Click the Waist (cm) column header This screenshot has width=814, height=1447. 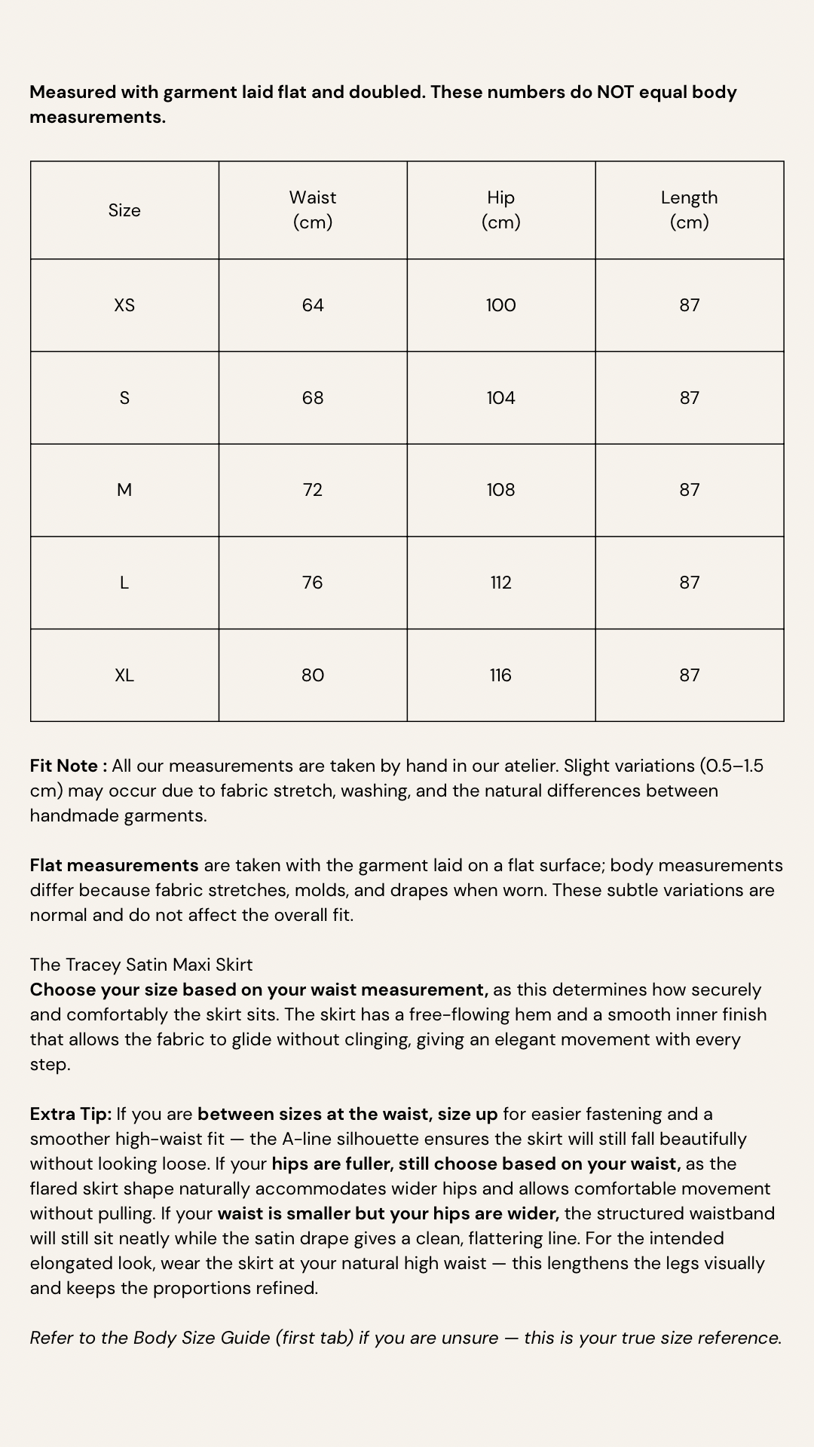[313, 210]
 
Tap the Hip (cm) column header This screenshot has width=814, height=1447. [501, 210]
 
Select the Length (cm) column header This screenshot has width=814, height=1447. [690, 210]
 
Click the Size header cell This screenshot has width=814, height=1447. [124, 210]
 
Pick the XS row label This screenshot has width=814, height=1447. [124, 305]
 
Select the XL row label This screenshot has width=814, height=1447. [124, 675]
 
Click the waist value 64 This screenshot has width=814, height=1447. [313, 305]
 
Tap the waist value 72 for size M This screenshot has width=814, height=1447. [313, 490]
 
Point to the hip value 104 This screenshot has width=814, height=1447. [501, 398]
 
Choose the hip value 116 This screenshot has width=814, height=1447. [501, 675]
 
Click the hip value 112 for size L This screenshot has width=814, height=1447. [501, 583]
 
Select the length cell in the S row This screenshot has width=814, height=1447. [690, 398]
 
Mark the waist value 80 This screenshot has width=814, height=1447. [313, 675]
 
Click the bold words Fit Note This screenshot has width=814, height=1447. [65, 766]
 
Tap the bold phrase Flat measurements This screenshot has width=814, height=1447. [114, 865]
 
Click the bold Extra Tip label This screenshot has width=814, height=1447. [71, 1114]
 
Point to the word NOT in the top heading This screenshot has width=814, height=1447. [616, 92]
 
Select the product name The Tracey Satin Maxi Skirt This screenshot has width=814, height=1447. [141, 965]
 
